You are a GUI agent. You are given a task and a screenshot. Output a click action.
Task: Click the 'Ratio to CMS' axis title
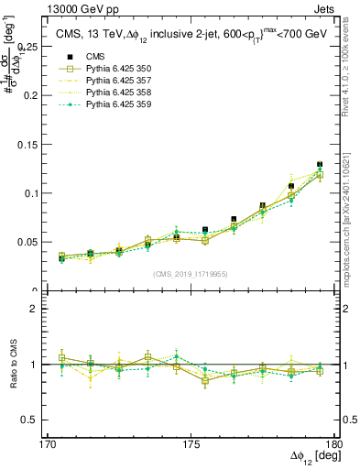(x=14, y=365)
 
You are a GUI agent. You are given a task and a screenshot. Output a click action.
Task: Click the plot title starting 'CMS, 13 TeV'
(x=188, y=35)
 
